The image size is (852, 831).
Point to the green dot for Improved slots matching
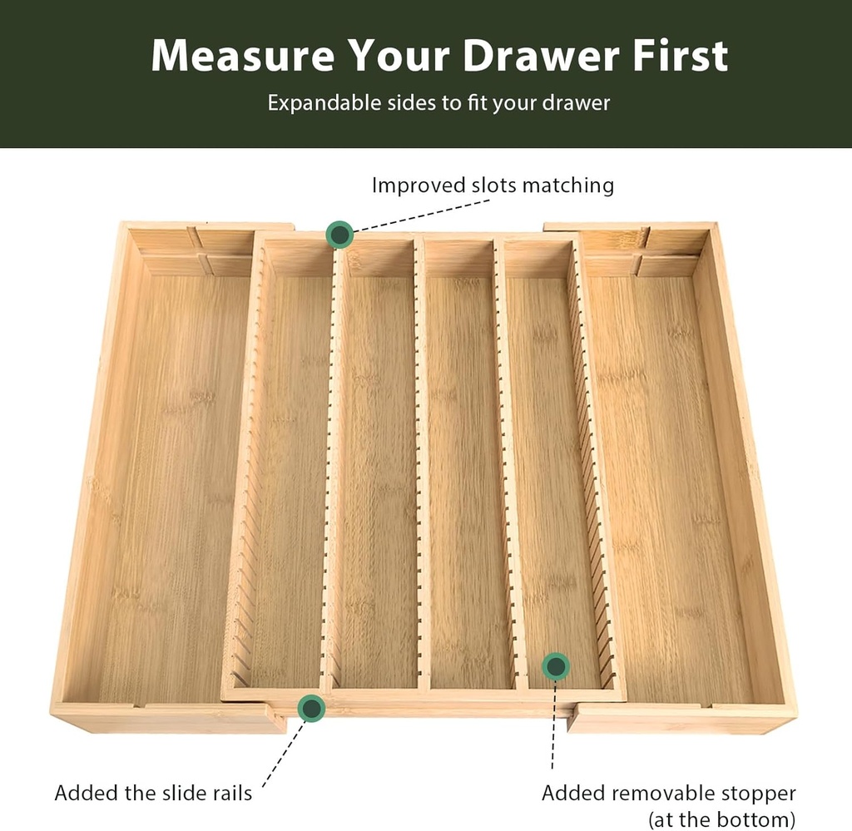tap(339, 235)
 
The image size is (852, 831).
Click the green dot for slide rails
tap(311, 708)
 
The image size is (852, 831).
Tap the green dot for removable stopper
tap(556, 666)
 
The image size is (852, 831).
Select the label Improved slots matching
tap(493, 185)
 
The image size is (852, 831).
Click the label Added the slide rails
tap(153, 793)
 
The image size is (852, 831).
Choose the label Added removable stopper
tap(669, 793)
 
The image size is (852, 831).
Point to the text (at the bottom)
tap(722, 819)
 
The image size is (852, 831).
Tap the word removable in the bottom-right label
tap(661, 793)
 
